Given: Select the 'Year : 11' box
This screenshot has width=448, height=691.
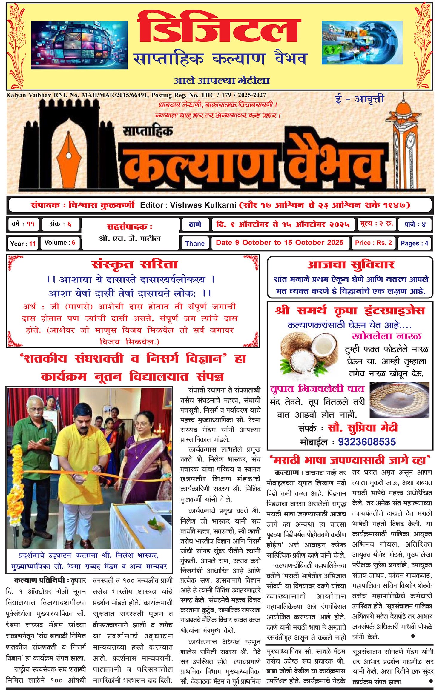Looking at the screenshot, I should pos(23,244).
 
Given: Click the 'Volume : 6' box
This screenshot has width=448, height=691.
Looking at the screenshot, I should pos(60,243).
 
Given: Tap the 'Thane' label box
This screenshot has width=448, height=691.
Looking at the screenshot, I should pos(195,244).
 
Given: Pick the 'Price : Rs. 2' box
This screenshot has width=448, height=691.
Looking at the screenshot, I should pos(373,243).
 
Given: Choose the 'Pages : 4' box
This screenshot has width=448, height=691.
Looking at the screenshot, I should pos(414,243).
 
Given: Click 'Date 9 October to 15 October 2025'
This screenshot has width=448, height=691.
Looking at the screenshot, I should pos(280,243).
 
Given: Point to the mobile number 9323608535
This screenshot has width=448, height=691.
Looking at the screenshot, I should pos(367,442).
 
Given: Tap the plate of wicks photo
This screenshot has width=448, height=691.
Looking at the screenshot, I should pos(399,400).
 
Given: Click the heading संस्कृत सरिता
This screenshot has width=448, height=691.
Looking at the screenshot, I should pos(134,264).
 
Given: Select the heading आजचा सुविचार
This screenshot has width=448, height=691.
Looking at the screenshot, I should pos(351,265).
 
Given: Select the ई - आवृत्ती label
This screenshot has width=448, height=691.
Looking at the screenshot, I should pos(360,99).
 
